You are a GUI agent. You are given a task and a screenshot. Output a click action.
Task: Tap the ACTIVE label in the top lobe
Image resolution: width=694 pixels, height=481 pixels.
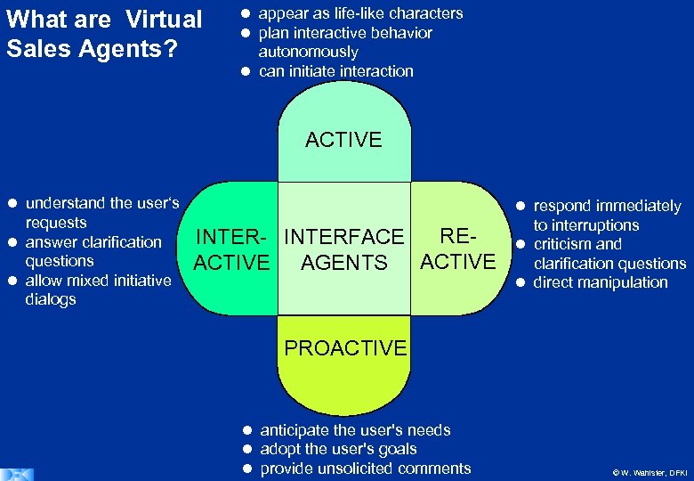point(343,140)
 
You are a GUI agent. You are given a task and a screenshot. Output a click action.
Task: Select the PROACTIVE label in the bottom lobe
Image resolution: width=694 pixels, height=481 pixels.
point(345,348)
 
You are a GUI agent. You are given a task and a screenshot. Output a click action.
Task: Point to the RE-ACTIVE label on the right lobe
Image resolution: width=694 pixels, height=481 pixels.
point(457,249)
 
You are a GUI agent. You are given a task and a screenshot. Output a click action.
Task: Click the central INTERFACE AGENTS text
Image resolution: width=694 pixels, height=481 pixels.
point(343,249)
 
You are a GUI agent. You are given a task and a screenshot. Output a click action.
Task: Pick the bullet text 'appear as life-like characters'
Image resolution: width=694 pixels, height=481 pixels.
point(360,13)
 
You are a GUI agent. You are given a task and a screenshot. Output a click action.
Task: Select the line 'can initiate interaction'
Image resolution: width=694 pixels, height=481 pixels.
point(335,71)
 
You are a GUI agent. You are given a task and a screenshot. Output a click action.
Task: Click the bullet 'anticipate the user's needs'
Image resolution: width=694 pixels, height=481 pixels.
point(355,430)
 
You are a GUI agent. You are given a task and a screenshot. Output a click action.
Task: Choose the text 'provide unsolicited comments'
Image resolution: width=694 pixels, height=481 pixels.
point(365,469)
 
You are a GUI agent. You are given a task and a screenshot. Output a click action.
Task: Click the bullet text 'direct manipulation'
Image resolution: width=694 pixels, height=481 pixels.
point(600,282)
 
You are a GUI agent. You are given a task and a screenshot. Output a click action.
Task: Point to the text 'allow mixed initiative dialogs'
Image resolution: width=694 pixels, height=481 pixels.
point(98,289)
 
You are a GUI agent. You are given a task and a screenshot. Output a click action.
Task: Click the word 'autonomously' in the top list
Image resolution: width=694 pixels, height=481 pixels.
point(308,52)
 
